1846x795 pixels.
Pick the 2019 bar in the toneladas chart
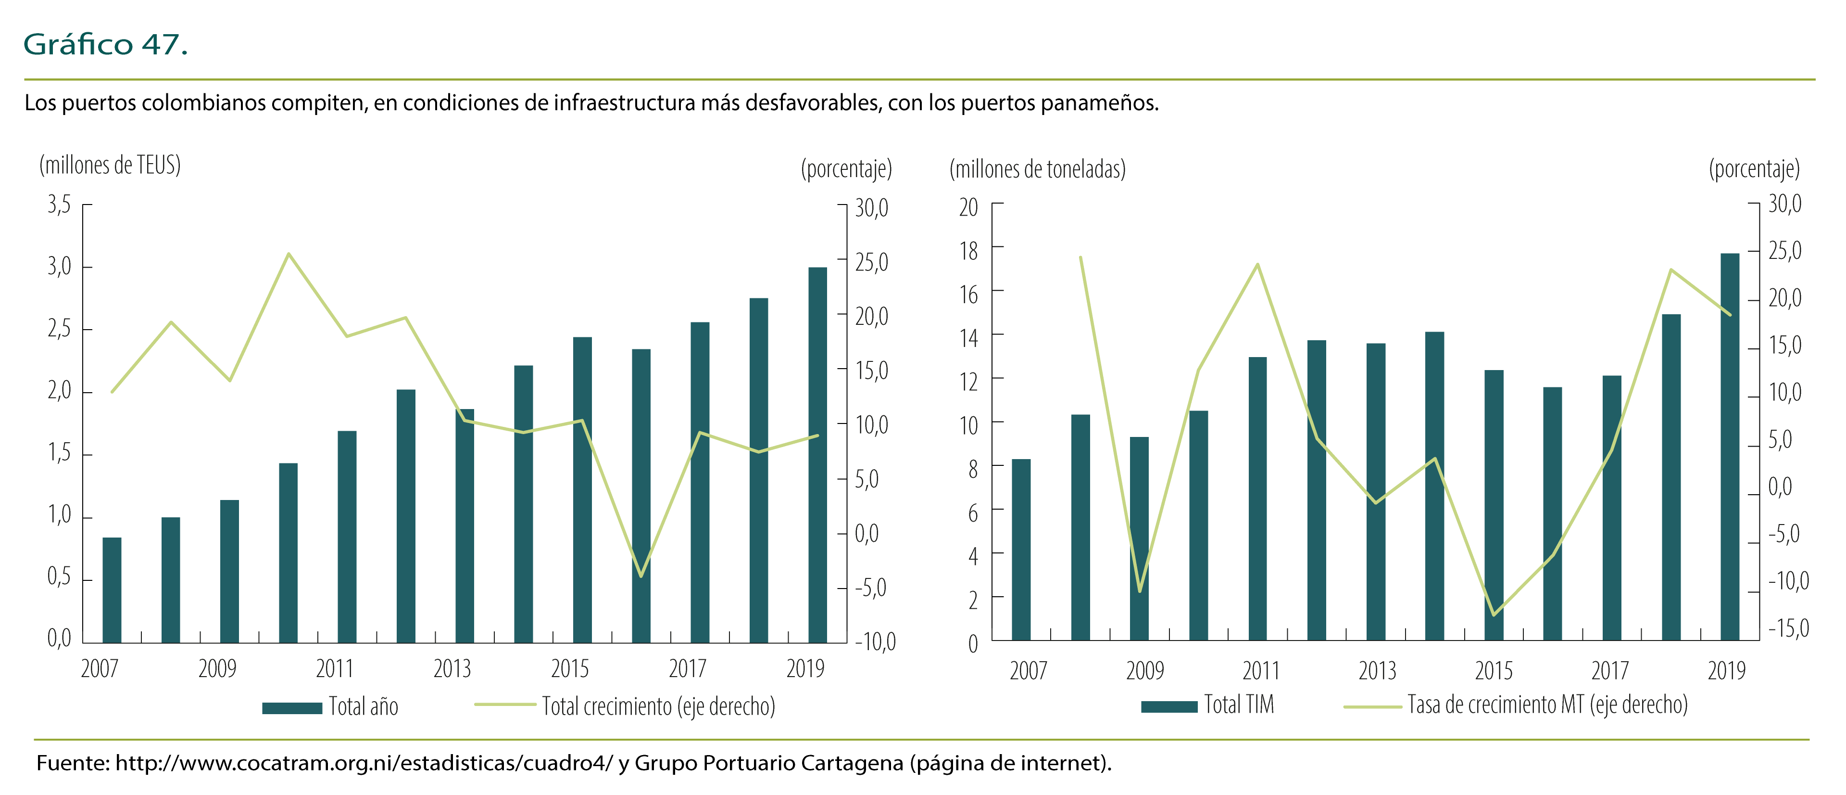point(1730,446)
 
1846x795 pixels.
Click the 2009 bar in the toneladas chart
point(1140,538)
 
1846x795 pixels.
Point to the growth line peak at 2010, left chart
point(288,254)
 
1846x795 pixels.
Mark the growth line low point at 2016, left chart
point(640,576)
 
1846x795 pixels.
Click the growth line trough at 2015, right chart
point(1494,615)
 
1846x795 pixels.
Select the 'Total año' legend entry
point(330,707)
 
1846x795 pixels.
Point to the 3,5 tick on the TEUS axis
point(60,205)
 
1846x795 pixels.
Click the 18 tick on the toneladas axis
point(969,251)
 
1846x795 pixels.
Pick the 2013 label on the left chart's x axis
point(452,669)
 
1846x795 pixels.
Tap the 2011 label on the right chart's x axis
point(1261,671)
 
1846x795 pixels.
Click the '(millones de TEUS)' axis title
point(110,165)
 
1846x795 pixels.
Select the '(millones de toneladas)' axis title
point(1037,169)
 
